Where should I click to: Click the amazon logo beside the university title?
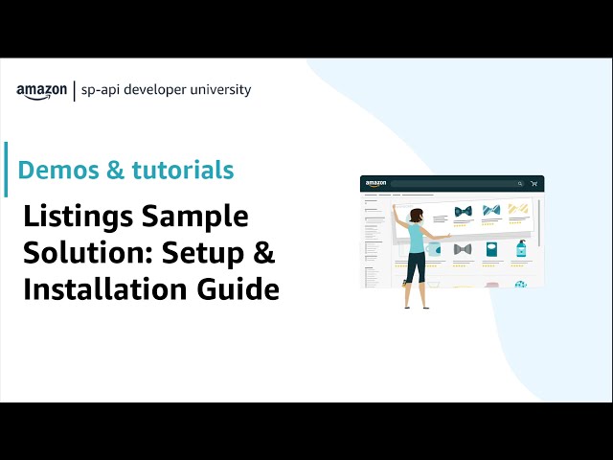point(41,91)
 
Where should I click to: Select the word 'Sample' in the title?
point(195,218)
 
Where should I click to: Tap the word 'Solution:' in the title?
point(84,254)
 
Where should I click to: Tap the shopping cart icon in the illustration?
point(534,183)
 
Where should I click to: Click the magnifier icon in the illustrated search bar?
point(520,183)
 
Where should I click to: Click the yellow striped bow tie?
point(518,209)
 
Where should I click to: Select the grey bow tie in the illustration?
point(463,249)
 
